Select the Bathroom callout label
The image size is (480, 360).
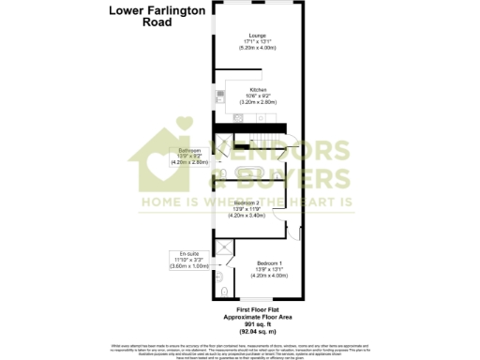(189, 150)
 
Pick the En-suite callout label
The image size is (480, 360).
(184, 253)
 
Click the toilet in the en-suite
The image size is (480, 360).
(218, 277)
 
